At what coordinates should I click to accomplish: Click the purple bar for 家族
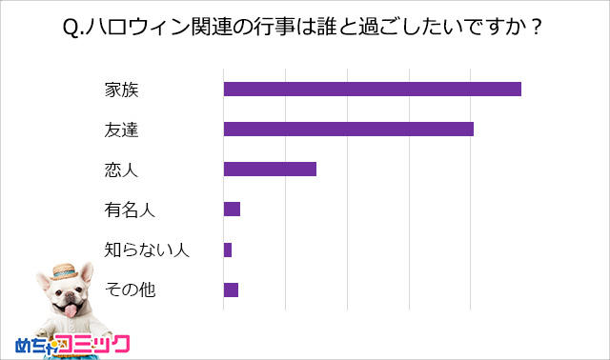click(372, 89)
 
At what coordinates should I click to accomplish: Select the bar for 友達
click(348, 129)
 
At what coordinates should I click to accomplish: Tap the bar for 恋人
click(270, 170)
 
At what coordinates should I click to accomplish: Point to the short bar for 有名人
click(232, 210)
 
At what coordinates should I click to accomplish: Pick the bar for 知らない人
click(228, 250)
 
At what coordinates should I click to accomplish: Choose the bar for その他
click(231, 290)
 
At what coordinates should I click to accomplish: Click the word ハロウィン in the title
click(132, 28)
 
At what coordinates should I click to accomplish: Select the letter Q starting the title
click(70, 28)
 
